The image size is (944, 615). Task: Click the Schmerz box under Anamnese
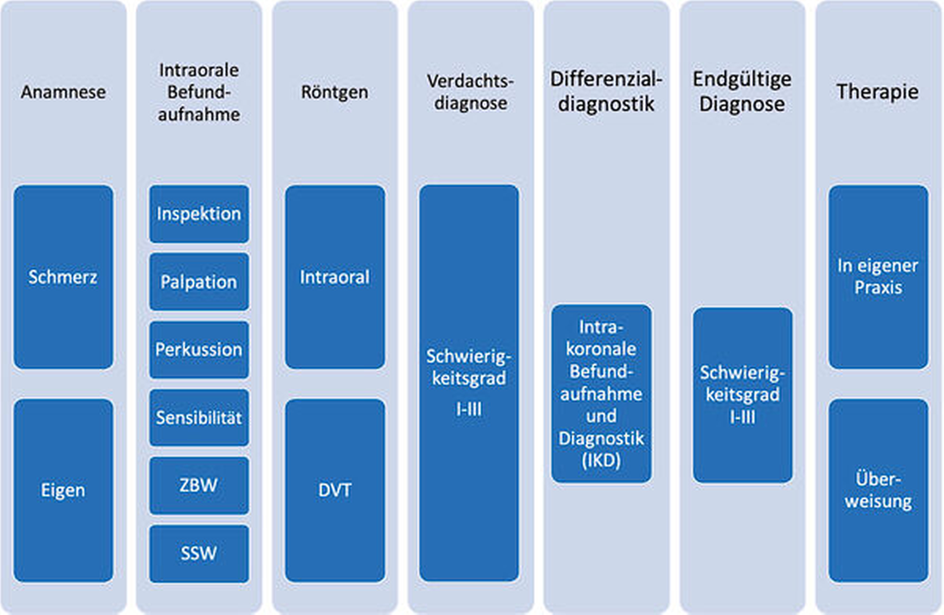(63, 277)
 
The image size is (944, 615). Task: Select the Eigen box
(63, 490)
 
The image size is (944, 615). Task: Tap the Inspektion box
(199, 214)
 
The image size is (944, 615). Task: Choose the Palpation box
(199, 282)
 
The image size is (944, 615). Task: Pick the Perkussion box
(199, 349)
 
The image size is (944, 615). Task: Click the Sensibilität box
(199, 417)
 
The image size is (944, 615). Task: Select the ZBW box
(199, 485)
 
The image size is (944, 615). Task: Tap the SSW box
(199, 553)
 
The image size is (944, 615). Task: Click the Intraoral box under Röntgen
(334, 277)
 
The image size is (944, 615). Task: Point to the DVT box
(334, 490)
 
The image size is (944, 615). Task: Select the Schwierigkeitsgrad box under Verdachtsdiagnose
(469, 383)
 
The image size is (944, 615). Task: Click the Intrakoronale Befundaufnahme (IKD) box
(601, 393)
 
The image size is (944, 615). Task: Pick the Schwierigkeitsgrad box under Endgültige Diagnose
(742, 395)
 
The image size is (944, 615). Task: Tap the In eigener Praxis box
(878, 277)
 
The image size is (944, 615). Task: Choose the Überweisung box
(878, 490)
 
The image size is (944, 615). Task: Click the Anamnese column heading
(63, 92)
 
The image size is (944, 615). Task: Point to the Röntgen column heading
(334, 92)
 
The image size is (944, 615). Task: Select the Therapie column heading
(877, 92)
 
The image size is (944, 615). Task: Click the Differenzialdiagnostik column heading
(606, 92)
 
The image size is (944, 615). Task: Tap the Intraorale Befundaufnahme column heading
(199, 92)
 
